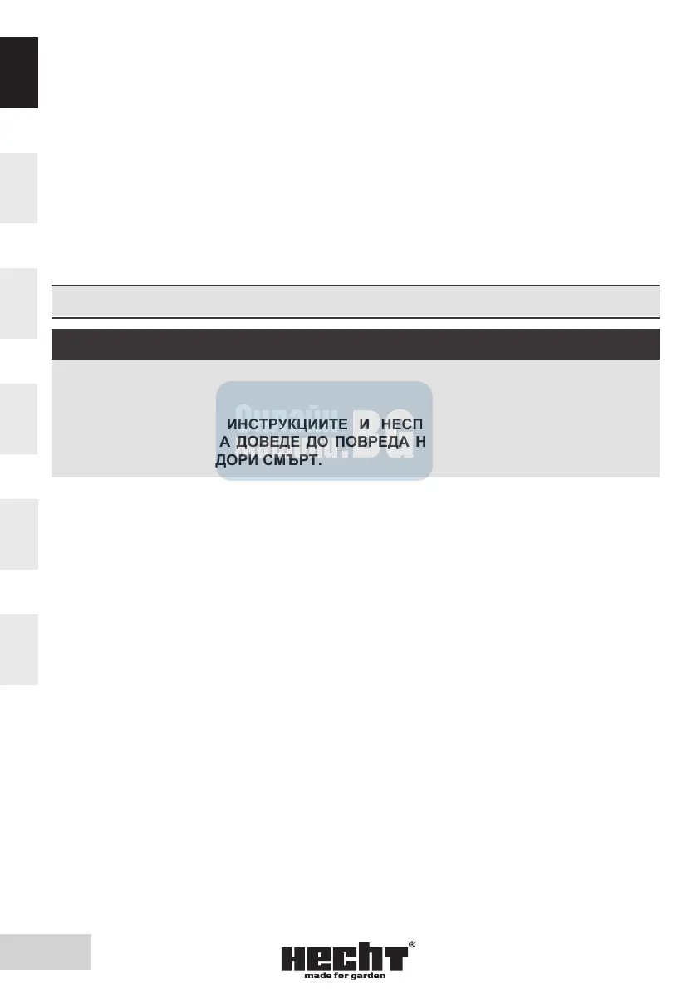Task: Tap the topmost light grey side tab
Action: pos(18,188)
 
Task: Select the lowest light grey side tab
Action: pos(18,649)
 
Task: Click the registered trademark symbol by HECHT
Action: pos(412,946)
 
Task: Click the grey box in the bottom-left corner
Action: pos(46,952)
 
